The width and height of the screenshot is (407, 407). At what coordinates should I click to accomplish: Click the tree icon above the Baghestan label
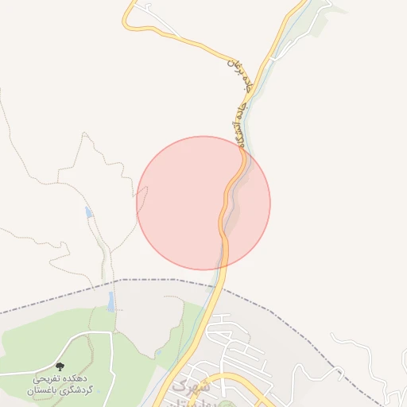[60, 367]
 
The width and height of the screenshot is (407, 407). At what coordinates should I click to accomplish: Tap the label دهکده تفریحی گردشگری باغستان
[60, 385]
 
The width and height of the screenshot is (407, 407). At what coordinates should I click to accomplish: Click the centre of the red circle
[203, 203]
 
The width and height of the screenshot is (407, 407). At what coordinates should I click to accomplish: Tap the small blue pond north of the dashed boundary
[89, 213]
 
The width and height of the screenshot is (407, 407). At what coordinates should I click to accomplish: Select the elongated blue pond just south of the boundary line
[111, 301]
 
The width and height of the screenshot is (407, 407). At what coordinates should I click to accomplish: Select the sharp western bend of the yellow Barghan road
[129, 24]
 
